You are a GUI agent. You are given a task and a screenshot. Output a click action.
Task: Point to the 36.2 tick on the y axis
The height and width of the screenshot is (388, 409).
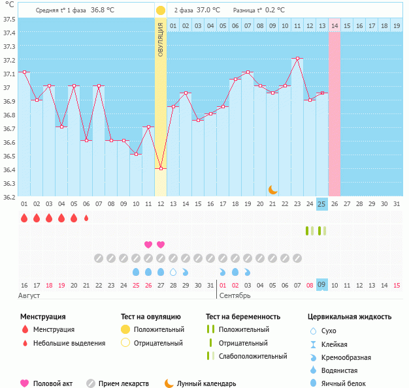(x=9, y=196)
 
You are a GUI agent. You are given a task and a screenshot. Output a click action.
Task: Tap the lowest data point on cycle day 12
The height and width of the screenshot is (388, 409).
(x=161, y=168)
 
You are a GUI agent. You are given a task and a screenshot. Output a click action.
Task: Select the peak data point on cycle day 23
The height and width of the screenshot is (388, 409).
(x=297, y=59)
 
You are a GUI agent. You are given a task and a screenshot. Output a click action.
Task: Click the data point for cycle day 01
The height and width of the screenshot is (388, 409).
(x=24, y=72)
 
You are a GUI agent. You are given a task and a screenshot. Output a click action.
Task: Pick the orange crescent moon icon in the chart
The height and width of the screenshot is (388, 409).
(x=272, y=189)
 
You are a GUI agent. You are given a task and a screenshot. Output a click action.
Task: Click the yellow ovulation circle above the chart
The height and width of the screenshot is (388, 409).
(x=161, y=10)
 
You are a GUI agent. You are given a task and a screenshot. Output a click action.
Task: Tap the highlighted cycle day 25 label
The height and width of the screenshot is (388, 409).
(x=321, y=204)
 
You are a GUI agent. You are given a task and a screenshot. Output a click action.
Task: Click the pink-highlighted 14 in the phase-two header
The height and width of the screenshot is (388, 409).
(x=335, y=25)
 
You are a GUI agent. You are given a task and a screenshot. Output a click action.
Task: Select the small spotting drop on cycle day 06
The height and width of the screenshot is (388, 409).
(x=86, y=218)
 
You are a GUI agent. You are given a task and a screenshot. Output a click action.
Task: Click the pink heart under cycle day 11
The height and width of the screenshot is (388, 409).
(x=148, y=245)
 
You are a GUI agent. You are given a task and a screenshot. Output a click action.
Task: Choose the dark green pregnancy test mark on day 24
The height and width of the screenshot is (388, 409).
(x=307, y=231)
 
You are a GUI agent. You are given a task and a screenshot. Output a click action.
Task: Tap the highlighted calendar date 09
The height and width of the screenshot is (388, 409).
(x=321, y=285)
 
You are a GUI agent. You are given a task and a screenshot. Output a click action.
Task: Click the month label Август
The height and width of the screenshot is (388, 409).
(x=31, y=296)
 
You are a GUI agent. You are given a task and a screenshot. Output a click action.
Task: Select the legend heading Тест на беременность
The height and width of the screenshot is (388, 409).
(x=242, y=317)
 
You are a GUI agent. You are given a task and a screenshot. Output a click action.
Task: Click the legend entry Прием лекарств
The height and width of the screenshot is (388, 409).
(x=123, y=383)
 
